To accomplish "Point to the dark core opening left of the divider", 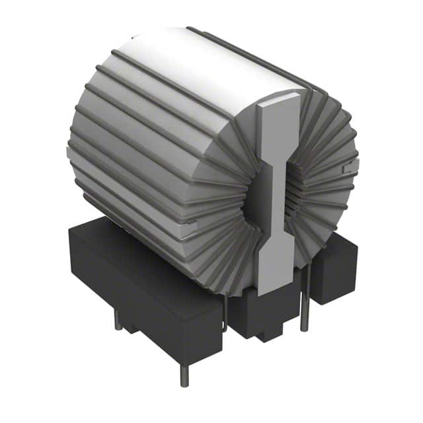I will click(254, 198).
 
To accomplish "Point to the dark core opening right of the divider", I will click(291, 192).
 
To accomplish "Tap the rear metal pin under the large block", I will click(117, 320).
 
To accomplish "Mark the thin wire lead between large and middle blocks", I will click(225, 311).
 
